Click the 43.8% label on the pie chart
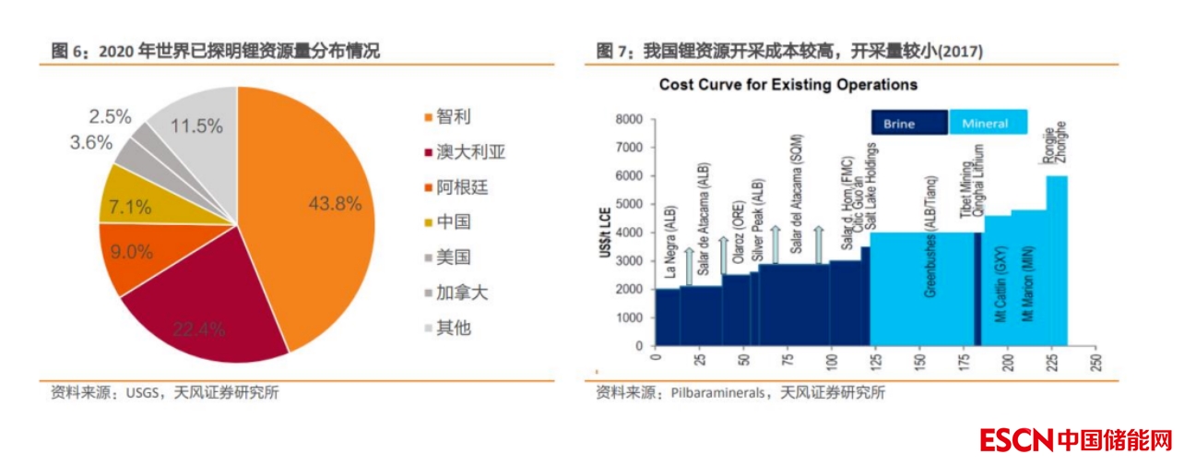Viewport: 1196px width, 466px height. click(x=335, y=204)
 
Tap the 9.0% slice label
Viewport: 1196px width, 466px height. click(x=131, y=251)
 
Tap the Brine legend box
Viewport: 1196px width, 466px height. click(x=909, y=123)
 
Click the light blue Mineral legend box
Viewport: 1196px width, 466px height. click(x=985, y=123)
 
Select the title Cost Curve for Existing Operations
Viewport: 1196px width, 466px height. click(x=787, y=85)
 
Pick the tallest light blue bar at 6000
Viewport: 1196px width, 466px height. click(x=1057, y=258)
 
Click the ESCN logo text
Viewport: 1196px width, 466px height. click(x=1016, y=440)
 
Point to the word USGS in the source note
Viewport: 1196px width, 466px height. click(x=141, y=392)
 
